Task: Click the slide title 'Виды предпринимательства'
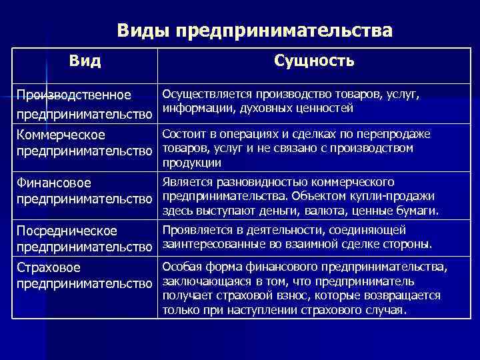pyautogui.click(x=255, y=31)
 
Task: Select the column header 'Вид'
pyautogui.click(x=85, y=62)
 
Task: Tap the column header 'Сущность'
pyautogui.click(x=314, y=61)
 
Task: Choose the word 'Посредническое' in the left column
pyautogui.click(x=67, y=231)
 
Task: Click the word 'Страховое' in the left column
pyautogui.click(x=49, y=268)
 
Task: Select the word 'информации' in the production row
pyautogui.click(x=191, y=108)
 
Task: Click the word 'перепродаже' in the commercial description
pyautogui.click(x=397, y=135)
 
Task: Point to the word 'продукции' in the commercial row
pyautogui.click(x=192, y=163)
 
